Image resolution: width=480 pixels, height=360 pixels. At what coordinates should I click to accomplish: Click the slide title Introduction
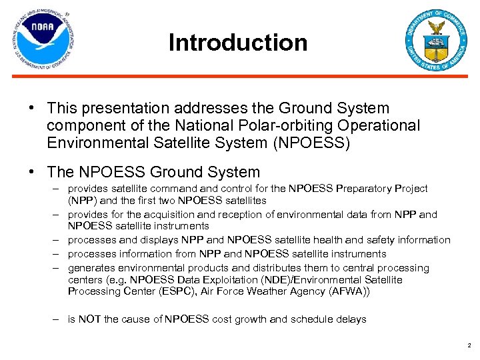(238, 43)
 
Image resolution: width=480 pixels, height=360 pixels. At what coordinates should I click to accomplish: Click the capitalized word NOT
(89, 319)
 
